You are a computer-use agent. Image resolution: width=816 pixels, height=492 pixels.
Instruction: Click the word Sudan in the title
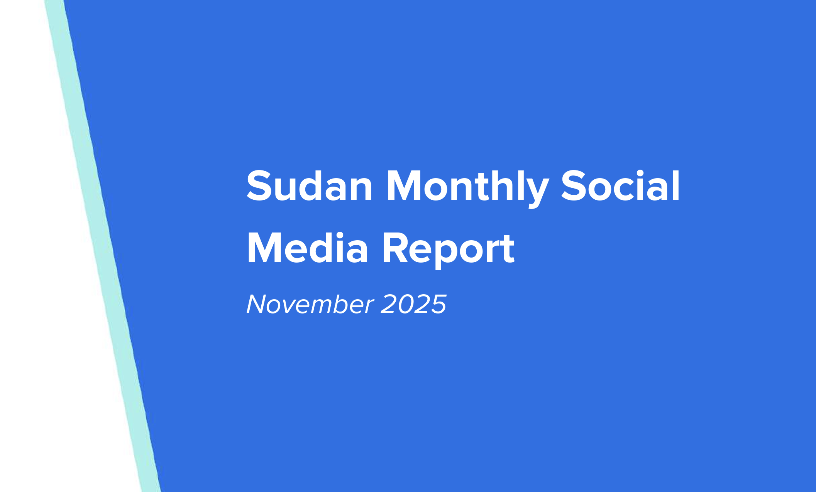(x=309, y=187)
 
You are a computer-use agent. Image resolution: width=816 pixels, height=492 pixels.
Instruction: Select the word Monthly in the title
(x=467, y=187)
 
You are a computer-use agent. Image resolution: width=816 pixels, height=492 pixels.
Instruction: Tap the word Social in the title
(x=620, y=187)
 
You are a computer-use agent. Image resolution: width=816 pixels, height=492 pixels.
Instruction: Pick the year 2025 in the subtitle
(x=413, y=304)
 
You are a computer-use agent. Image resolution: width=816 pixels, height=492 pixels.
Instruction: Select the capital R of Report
(x=394, y=249)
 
